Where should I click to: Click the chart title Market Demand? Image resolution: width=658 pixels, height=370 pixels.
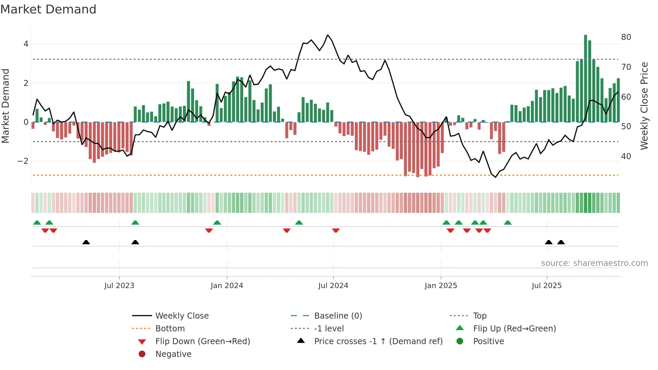click(x=48, y=9)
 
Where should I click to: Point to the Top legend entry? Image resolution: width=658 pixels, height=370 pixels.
click(x=479, y=316)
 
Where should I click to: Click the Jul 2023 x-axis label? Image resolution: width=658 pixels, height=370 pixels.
click(x=119, y=285)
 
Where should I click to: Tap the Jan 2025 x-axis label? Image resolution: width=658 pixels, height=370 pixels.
click(x=440, y=285)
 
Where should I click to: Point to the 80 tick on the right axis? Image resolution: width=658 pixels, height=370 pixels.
click(x=626, y=37)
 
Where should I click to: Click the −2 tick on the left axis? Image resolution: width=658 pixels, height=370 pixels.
click(x=23, y=161)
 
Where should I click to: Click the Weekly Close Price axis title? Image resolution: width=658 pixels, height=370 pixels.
click(x=644, y=106)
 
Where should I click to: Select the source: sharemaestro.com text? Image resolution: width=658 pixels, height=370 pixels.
click(x=594, y=263)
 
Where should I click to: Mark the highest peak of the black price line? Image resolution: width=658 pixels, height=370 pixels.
click(x=328, y=35)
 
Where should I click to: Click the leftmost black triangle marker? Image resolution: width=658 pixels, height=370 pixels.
click(x=86, y=242)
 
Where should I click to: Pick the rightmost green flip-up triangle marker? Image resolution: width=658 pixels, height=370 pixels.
click(x=508, y=223)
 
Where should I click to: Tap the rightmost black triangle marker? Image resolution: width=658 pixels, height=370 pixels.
click(x=561, y=242)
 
